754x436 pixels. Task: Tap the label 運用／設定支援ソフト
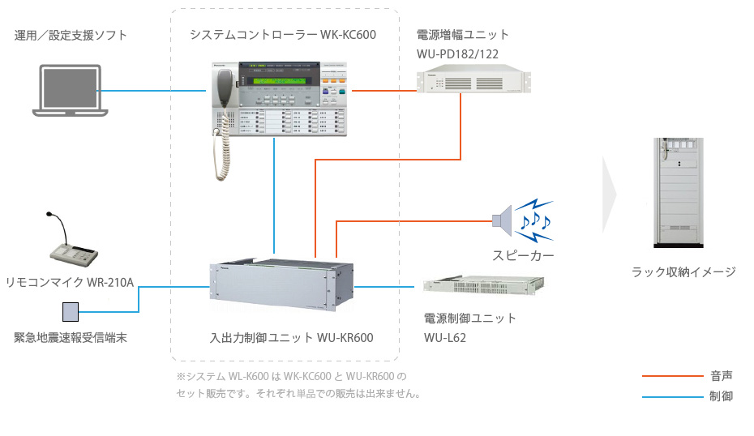tap(71, 36)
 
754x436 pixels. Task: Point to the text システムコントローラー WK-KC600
tap(283, 35)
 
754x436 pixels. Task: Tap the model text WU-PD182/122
tap(457, 53)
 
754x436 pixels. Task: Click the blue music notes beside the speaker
tap(535, 220)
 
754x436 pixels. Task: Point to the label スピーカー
tap(523, 256)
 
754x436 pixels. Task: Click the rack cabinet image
tap(678, 192)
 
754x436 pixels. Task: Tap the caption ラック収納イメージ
tap(683, 272)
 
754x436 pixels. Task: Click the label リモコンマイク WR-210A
tap(70, 282)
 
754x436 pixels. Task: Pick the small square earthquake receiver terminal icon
tap(71, 311)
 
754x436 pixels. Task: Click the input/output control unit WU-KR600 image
tap(281, 286)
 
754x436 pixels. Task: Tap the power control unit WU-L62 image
tap(484, 286)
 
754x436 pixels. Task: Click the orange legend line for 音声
tap(672, 376)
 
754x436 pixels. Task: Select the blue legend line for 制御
tap(672, 397)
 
